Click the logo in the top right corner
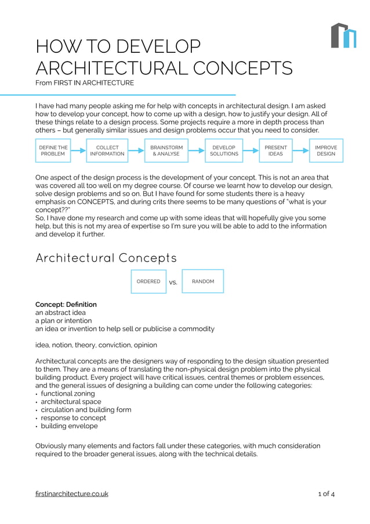343,35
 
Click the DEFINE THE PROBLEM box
53,150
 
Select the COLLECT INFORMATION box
107,150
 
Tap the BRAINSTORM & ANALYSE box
166,150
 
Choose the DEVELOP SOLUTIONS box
224,150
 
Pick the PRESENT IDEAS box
275,150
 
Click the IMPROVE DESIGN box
326,150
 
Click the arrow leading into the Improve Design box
302,151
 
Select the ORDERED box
148,281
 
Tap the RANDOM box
203,281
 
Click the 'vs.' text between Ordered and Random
173,283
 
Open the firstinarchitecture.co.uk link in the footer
72,494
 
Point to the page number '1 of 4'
326,494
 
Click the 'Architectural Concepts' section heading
106,257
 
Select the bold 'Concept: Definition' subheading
66,304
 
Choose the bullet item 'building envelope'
69,426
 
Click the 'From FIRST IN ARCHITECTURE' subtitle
85,83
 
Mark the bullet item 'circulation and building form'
86,410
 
